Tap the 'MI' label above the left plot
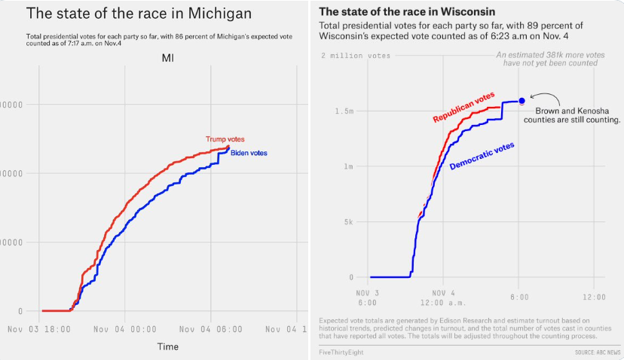(x=169, y=59)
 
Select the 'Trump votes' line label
(x=225, y=139)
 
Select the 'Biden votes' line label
(x=249, y=154)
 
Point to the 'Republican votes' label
(x=463, y=108)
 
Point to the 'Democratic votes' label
(x=482, y=155)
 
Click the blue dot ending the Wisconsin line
(x=522, y=101)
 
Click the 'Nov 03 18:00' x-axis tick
(x=39, y=329)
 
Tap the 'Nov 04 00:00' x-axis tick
(x=125, y=329)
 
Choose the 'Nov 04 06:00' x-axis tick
(x=211, y=329)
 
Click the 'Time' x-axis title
(x=167, y=346)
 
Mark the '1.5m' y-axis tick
(x=344, y=111)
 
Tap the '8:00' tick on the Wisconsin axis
(x=518, y=296)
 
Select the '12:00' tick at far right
(x=594, y=296)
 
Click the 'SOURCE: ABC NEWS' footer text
(x=597, y=352)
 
